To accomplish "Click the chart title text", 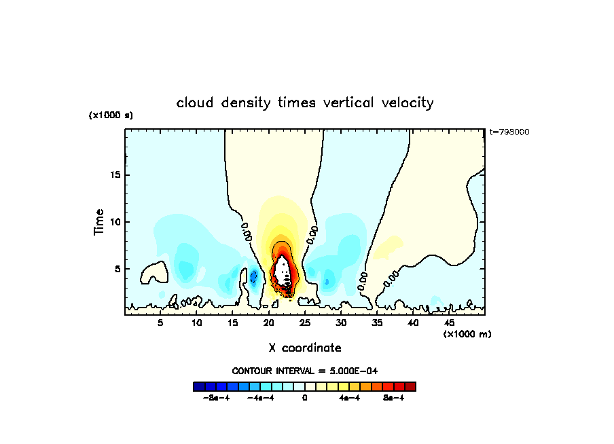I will (x=305, y=103).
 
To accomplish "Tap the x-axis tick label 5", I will (x=160, y=323).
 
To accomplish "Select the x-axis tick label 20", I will (x=268, y=323).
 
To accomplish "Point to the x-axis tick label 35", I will (x=377, y=323).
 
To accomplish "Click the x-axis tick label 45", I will (x=449, y=323).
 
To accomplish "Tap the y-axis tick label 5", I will (x=117, y=269).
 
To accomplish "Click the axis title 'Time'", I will (x=99, y=222).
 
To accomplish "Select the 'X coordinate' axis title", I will (x=305, y=348).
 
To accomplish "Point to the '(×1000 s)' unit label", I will (x=111, y=115).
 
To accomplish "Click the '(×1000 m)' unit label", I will (x=467, y=334).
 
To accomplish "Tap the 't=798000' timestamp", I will (x=509, y=132).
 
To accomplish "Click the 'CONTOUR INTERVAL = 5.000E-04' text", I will (x=305, y=371).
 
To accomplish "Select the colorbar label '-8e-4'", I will (x=217, y=398).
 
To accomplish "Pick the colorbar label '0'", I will (x=305, y=398).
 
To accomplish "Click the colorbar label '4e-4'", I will (x=349, y=398).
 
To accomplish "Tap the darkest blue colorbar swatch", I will (x=199, y=386).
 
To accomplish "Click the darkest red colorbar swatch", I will (x=410, y=386).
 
